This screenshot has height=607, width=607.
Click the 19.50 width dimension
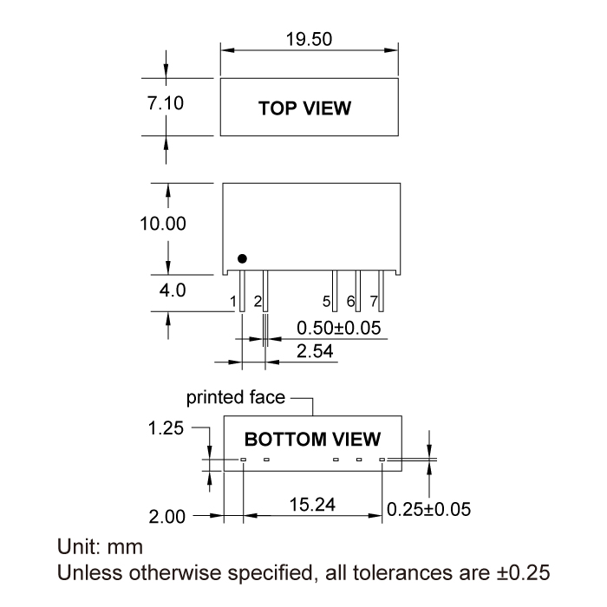coord(309,39)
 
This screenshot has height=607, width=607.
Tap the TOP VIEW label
coord(305,108)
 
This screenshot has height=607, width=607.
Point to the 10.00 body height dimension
coord(163,224)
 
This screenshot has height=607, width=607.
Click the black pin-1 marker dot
coord(243,258)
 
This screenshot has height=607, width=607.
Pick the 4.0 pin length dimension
coord(172,290)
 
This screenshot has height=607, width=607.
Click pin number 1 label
coord(233,302)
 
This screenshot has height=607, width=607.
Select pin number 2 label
coord(258,302)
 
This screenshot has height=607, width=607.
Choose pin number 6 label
coord(350,302)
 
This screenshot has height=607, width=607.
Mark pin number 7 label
coord(374,302)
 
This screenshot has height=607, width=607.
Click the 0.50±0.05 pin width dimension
coord(339,329)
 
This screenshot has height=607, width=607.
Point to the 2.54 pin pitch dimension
coord(316,351)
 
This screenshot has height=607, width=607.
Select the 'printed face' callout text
coord(236,397)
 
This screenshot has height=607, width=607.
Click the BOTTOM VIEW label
coord(312,439)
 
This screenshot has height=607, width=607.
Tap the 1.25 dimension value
coord(166,428)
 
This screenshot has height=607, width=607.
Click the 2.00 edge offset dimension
coord(167,517)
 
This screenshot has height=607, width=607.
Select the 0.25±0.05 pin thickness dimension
coord(428,509)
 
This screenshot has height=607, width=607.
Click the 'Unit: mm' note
coord(100,548)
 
